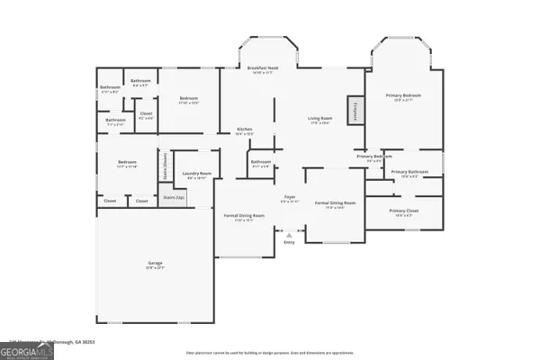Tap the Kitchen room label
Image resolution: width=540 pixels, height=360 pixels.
(x=244, y=130)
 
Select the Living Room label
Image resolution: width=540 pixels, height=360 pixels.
(x=320, y=120)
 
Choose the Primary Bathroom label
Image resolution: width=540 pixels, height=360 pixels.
(x=409, y=173)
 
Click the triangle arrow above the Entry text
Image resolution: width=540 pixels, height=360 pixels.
(x=289, y=235)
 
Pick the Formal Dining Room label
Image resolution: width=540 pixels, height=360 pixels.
(x=244, y=217)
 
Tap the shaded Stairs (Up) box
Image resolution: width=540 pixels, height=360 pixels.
(x=174, y=196)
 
